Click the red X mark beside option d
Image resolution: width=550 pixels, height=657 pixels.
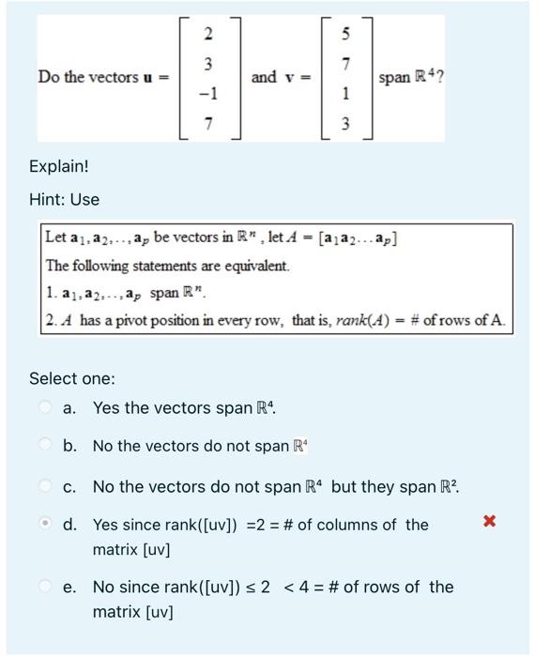point(488,521)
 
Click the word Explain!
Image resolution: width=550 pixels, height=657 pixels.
point(58,166)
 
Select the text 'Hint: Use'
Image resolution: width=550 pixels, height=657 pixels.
point(64,199)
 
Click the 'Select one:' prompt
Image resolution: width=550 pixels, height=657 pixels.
point(72,378)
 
